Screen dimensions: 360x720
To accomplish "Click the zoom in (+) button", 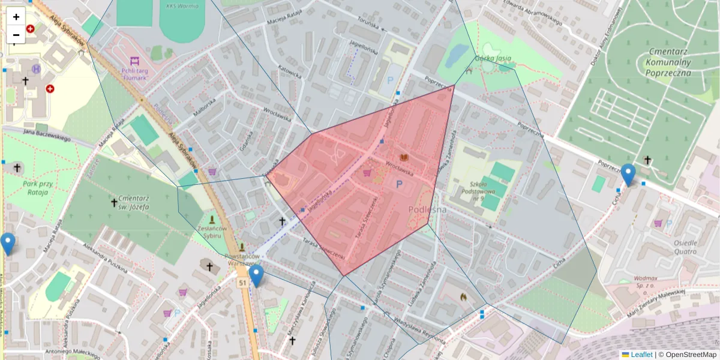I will coord(16,17).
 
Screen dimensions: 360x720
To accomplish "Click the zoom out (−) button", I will coord(16,35).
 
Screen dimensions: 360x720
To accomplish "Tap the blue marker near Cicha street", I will coord(628,174).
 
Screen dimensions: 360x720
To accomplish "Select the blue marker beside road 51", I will coord(256,275).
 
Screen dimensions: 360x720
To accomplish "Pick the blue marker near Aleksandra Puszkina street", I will coord(8,244).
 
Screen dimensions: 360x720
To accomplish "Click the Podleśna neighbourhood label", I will coord(427,209).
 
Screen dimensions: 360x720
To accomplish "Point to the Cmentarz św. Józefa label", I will coord(125,203).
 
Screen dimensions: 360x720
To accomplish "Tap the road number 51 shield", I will coord(242,283).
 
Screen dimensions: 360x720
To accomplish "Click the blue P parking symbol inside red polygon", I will coord(399,184).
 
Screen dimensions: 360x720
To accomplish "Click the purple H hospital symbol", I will coord(37,69).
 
